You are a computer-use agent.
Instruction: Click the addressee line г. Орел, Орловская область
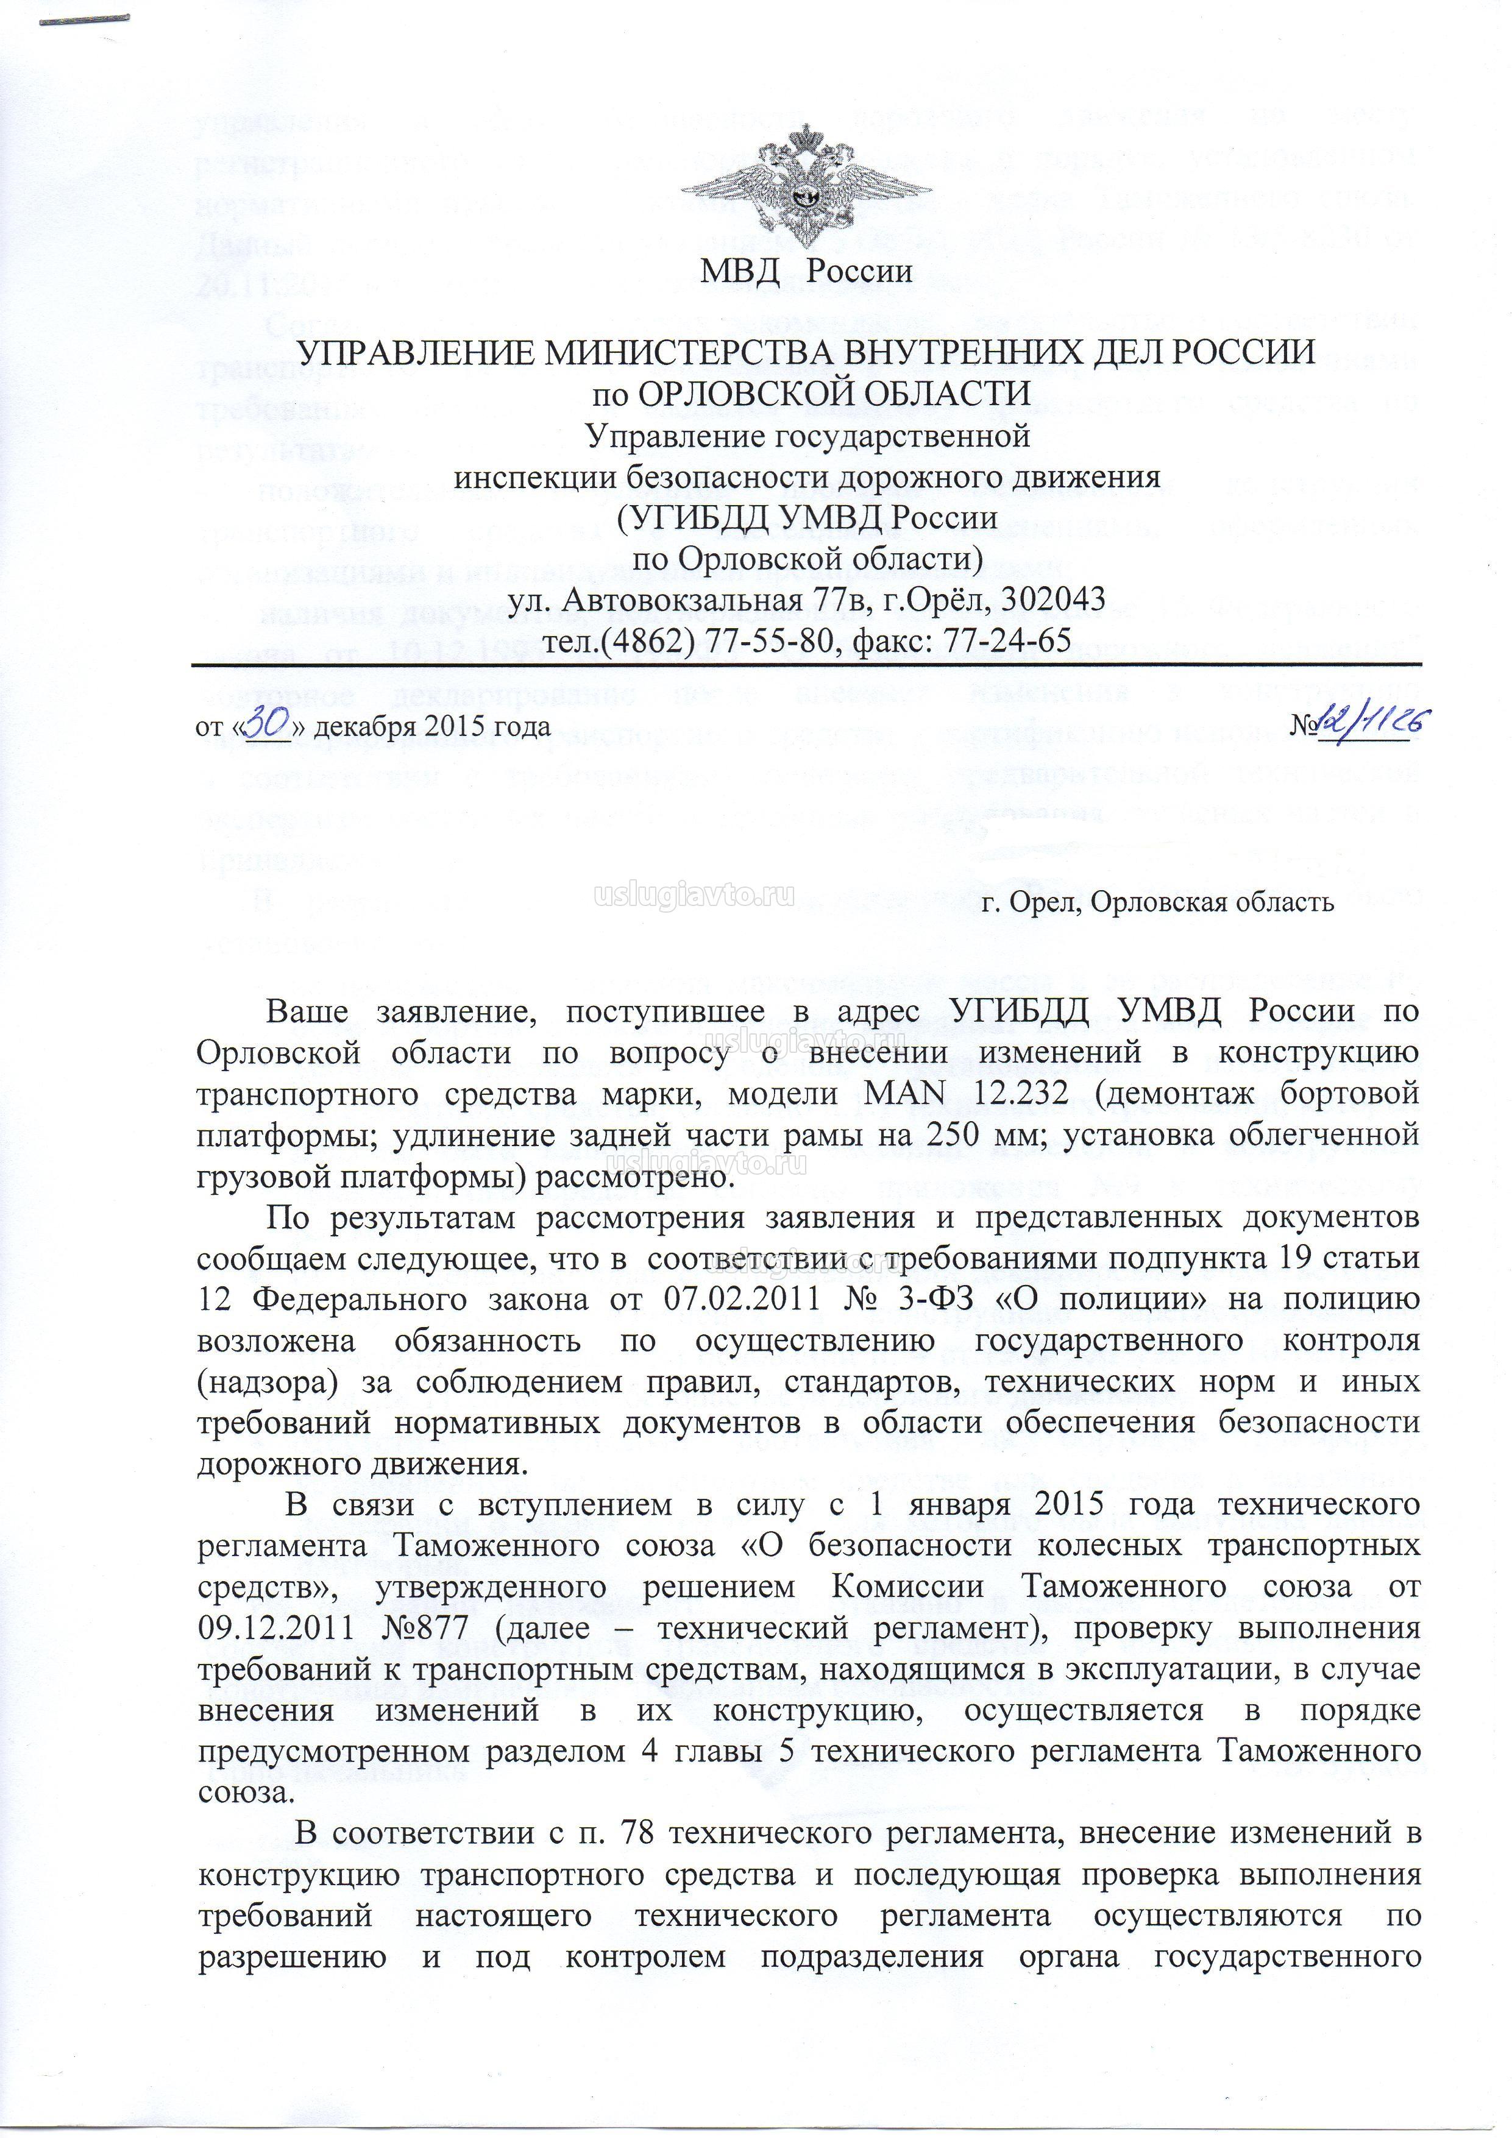[1163, 901]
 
